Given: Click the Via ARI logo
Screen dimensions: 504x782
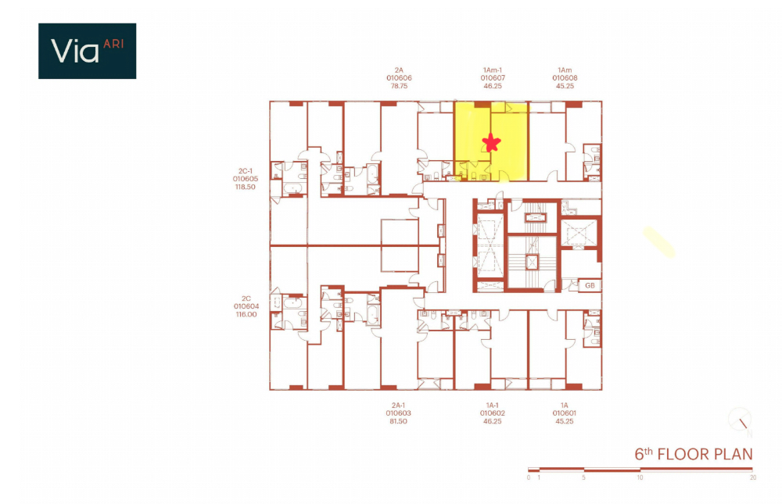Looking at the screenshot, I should click(87, 51).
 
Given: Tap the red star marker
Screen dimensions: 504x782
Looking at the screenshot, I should click(492, 142).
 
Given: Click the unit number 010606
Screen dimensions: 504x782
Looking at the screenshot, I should click(399, 78).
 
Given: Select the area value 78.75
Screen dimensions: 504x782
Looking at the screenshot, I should click(399, 87).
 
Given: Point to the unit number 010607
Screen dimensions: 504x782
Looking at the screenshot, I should click(493, 78).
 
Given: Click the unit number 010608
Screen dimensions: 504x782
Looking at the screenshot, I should click(565, 78).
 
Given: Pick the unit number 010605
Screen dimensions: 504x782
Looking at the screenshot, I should click(245, 178).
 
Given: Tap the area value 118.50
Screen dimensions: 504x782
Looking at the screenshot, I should click(245, 188).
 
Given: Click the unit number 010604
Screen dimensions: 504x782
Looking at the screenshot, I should click(245, 306).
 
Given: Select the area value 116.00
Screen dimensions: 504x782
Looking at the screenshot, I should click(245, 315).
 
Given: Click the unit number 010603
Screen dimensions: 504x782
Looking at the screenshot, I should click(398, 413).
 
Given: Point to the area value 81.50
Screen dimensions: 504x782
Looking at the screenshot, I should click(398, 422).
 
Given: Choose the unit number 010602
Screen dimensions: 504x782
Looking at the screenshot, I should click(493, 413).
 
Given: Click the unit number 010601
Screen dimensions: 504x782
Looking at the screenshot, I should click(564, 413).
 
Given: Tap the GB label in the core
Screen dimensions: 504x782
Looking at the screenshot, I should click(590, 286).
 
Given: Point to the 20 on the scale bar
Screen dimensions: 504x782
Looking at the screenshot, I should click(752, 477).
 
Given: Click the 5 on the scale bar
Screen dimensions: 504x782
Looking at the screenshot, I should click(584, 477).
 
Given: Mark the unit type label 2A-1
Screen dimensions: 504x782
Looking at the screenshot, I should click(398, 405).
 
